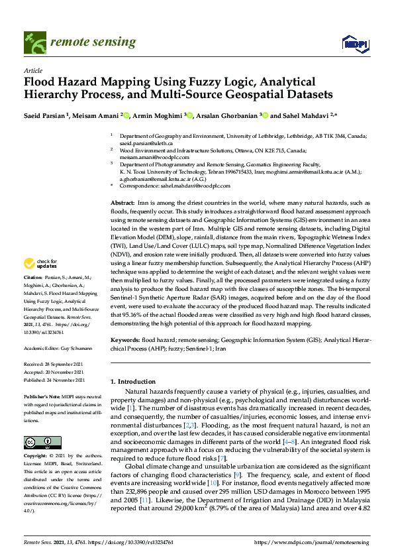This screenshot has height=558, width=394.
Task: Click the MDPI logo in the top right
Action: (355, 44)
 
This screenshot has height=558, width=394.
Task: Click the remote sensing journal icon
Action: (34, 42)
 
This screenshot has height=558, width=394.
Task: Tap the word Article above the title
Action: (33, 70)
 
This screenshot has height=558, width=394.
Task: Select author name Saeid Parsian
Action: (46, 115)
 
